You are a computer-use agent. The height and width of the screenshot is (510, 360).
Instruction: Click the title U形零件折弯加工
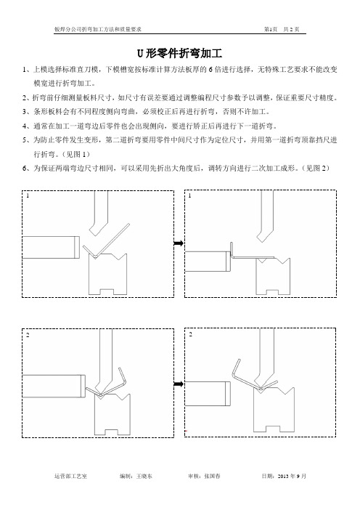pyautogui.click(x=179, y=53)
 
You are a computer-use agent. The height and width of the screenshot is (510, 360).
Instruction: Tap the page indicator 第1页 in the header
pyautogui.click(x=271, y=29)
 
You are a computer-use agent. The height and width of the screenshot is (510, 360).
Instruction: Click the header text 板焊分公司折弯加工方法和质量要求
pyautogui.click(x=98, y=29)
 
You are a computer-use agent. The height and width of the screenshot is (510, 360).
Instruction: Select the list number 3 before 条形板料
pyautogui.click(x=25, y=112)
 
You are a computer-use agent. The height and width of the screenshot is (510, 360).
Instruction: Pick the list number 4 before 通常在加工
pyautogui.click(x=25, y=126)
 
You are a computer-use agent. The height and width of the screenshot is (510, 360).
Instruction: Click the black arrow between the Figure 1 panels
pyautogui.click(x=179, y=243)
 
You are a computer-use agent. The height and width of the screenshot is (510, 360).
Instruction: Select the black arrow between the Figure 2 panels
pyautogui.click(x=179, y=384)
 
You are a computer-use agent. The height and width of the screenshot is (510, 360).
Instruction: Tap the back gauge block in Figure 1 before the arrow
pyautogui.click(x=51, y=247)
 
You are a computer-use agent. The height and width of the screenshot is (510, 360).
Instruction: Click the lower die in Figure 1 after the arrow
pyautogui.click(x=273, y=276)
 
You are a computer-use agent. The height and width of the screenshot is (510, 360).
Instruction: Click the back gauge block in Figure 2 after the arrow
pyautogui.click(x=208, y=394)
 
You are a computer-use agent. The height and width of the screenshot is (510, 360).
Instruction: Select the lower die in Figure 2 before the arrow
pyautogui.click(x=112, y=414)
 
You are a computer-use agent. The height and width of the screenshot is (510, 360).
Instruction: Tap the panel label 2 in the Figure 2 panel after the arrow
pyautogui.click(x=190, y=334)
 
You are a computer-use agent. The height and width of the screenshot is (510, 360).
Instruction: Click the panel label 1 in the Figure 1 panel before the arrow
pyautogui.click(x=28, y=195)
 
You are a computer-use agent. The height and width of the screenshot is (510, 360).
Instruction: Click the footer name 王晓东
pyautogui.click(x=144, y=476)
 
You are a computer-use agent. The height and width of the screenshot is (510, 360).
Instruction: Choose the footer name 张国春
pyautogui.click(x=212, y=476)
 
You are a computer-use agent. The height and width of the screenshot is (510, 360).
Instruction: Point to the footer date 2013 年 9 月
pyautogui.click(x=292, y=476)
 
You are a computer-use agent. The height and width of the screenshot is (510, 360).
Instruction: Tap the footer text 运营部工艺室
pyautogui.click(x=70, y=476)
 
